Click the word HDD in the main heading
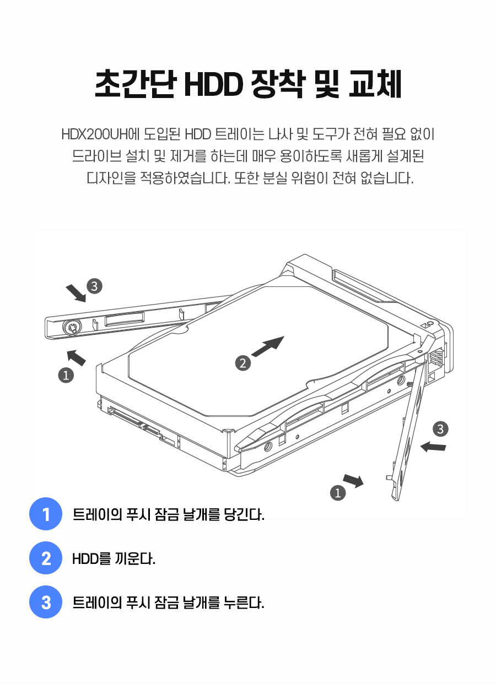point(213,84)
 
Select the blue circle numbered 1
point(46,514)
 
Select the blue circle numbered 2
point(46,558)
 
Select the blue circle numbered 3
point(46,602)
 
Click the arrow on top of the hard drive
point(268,346)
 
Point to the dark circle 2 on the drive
point(243,363)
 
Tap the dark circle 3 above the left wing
point(94,286)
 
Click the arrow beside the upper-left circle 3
point(77,293)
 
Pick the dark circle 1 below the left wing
point(66,375)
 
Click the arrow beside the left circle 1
point(76,357)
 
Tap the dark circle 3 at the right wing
point(440,429)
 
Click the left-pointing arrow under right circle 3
point(433,447)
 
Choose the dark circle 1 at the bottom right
point(338,493)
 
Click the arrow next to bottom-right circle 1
point(354,481)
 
